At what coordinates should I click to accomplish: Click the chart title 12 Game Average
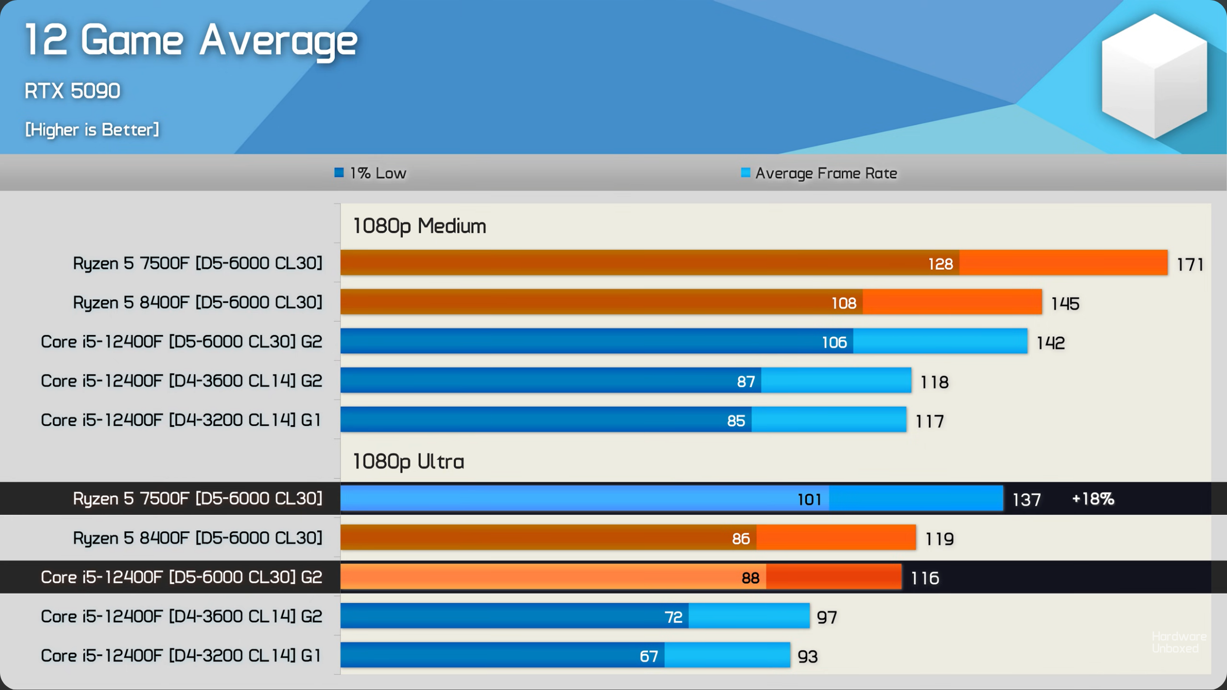191,40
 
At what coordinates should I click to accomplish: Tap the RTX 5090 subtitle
72,91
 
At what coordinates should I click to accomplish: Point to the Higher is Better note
92,130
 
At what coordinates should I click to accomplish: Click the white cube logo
1154,76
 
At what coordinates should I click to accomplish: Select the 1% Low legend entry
371,173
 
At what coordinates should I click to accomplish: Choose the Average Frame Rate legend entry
819,173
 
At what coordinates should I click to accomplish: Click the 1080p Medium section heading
419,226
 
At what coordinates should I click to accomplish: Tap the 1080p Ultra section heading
409,461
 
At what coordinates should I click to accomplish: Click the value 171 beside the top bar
1190,264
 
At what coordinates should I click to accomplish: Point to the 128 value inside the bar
940,264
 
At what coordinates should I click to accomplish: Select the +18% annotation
1092,499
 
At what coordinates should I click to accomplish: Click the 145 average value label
1065,303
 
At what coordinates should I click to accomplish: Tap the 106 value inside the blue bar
834,342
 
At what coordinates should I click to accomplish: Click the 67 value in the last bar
648,656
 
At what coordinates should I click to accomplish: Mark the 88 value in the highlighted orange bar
750,578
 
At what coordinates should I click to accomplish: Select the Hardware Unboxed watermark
1179,642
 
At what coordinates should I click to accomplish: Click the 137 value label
1026,500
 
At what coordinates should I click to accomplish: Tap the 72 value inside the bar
673,617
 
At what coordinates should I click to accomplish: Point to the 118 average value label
934,382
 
